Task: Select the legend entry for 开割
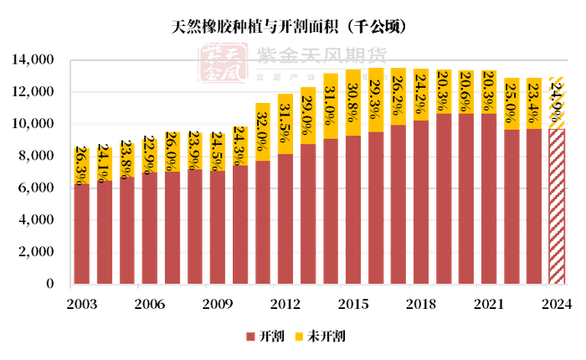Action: tap(265, 337)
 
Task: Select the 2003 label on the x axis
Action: tap(81, 304)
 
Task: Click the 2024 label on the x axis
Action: tap(557, 304)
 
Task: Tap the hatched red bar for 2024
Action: tap(557, 209)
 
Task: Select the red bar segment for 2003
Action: tap(81, 234)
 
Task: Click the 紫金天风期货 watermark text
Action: tap(321, 55)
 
